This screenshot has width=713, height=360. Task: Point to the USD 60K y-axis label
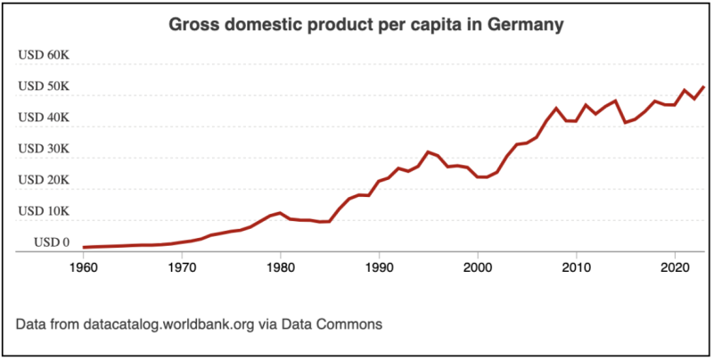coord(44,55)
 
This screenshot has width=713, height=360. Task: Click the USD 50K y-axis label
coord(44,86)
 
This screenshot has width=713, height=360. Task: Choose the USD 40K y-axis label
coord(44,118)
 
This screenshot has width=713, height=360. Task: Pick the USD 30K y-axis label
coord(44,149)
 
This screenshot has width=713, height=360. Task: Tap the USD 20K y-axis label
coord(44,180)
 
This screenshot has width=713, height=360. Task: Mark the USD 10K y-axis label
coord(44,211)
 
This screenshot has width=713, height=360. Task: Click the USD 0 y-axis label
coord(52,242)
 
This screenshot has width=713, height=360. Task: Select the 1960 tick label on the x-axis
coord(83,266)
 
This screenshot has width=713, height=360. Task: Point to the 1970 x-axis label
coord(182,266)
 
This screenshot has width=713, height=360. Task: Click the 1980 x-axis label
coord(281,266)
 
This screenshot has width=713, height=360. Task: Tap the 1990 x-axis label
coord(380,266)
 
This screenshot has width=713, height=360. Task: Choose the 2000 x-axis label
coord(479,266)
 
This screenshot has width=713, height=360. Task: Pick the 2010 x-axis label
coord(578,266)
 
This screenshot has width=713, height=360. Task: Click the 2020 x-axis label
coord(676,266)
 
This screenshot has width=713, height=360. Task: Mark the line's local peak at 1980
coord(281,213)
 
